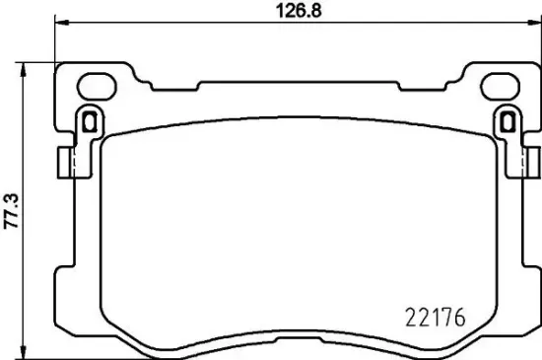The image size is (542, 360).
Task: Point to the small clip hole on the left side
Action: tap(88, 122)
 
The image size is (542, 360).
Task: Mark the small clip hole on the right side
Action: tap(508, 122)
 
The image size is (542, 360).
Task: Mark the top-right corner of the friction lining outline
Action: tap(485, 134)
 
